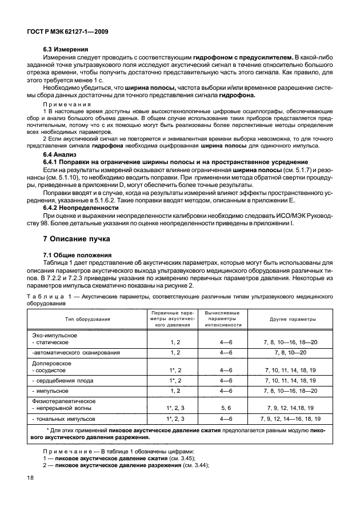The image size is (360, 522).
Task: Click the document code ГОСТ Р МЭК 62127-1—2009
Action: pyautogui.click(x=68, y=33)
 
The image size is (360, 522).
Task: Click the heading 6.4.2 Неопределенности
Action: pyautogui.click(x=81, y=208)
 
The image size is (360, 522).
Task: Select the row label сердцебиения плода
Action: pyautogui.click(x=64, y=380)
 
